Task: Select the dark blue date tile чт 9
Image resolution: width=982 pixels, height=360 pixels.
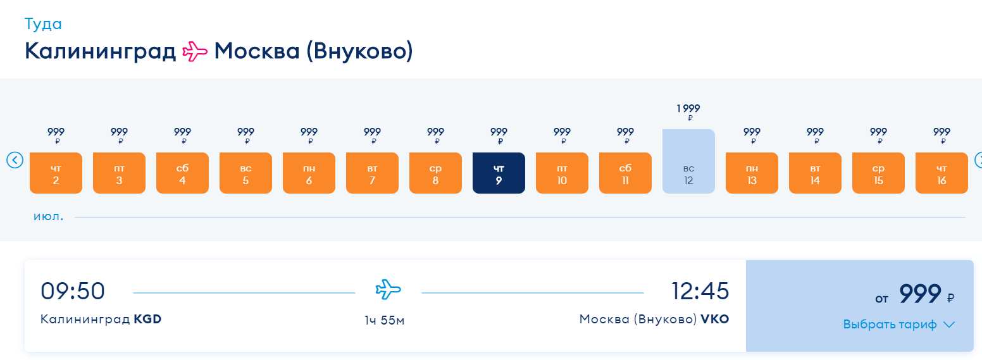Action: (499, 173)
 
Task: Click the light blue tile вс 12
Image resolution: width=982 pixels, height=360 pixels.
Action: (688, 161)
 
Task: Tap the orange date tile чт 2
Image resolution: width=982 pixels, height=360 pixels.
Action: (56, 173)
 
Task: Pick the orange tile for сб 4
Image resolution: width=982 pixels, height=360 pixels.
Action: (182, 173)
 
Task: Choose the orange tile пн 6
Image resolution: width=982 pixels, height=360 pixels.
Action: (309, 173)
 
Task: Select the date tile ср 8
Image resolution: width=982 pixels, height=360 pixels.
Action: (435, 173)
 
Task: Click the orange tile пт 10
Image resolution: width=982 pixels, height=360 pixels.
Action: (562, 173)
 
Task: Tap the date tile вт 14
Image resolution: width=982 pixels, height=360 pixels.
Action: (815, 173)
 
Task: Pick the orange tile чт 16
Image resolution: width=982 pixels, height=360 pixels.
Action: (942, 173)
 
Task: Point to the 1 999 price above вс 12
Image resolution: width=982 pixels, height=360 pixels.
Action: (688, 108)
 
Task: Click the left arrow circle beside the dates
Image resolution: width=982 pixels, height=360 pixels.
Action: (15, 160)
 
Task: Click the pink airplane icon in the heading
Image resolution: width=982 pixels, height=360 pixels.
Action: (195, 52)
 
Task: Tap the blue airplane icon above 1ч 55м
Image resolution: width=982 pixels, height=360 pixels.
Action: (388, 290)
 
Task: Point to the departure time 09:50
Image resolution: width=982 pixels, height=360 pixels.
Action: (73, 291)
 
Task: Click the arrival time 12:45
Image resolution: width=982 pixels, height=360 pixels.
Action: (700, 291)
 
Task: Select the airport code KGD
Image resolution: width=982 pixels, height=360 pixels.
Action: (147, 319)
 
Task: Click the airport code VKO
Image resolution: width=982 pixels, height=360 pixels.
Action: (714, 319)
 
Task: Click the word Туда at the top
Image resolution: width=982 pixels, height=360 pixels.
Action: (43, 23)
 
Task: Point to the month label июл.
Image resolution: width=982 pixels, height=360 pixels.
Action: (48, 216)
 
